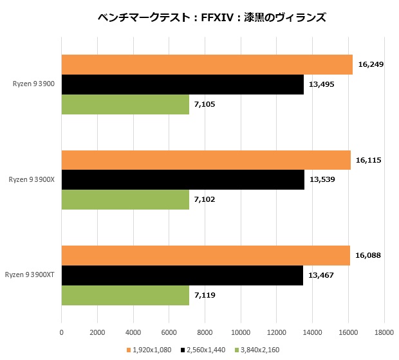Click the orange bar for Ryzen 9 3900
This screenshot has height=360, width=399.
pyautogui.click(x=207, y=64)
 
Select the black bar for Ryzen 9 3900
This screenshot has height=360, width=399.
pyautogui.click(x=182, y=84)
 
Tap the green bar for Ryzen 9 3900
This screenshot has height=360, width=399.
pyautogui.click(x=125, y=104)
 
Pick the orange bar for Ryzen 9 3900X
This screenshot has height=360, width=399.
pyautogui.click(x=205, y=159)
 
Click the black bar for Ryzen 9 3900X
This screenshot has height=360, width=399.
pyautogui.click(x=183, y=179)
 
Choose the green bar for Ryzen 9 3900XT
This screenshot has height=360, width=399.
pyautogui.click(x=125, y=294)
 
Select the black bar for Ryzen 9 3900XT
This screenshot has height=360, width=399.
pyautogui.click(x=182, y=274)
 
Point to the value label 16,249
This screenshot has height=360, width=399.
pyautogui.click(x=371, y=65)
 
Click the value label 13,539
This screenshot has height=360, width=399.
pyautogui.click(x=322, y=179)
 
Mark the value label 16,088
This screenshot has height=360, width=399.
pyautogui.click(x=368, y=255)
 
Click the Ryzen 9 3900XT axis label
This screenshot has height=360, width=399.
pyautogui.click(x=30, y=274)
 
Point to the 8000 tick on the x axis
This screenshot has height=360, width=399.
pyautogui.click(x=205, y=332)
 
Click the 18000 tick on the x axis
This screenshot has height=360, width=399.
pyautogui.click(x=384, y=332)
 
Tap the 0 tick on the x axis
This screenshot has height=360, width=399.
pyautogui.click(x=61, y=332)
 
